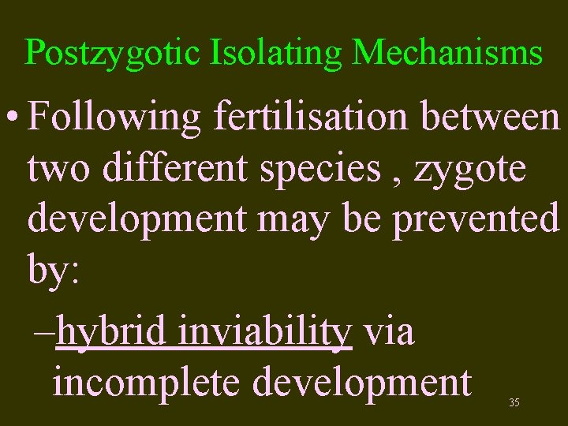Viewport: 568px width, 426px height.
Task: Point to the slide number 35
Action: coord(514,403)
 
